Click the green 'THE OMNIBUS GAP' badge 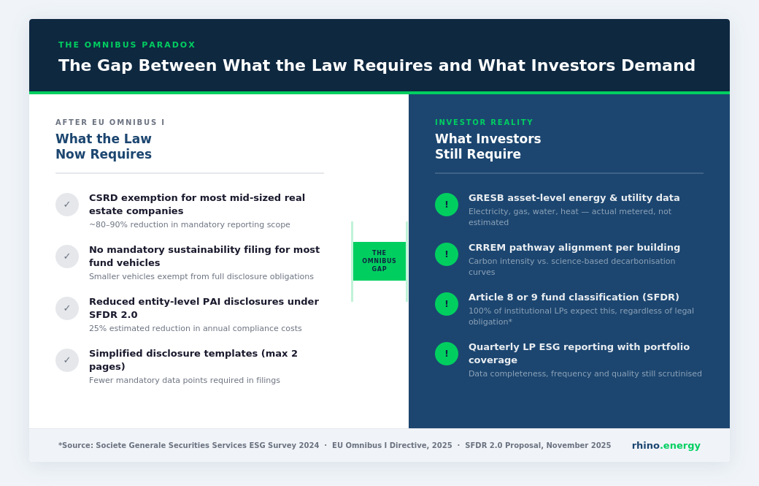[x=379, y=261]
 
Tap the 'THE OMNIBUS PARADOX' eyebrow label [x=127, y=45]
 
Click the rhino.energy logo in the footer [x=666, y=445]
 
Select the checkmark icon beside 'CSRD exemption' [x=67, y=205]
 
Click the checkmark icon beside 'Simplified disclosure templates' [x=67, y=360]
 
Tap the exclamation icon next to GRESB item [x=447, y=205]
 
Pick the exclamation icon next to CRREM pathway [x=447, y=254]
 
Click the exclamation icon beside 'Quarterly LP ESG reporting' [x=447, y=354]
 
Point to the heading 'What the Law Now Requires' [x=104, y=146]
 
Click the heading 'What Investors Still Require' [x=488, y=146]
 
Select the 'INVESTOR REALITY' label [x=484, y=123]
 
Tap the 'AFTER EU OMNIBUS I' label [x=110, y=123]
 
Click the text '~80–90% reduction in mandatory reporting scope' [x=190, y=225]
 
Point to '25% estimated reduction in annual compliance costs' [x=196, y=329]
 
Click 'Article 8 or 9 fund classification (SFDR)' [x=574, y=297]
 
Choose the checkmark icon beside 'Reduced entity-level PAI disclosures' [x=67, y=308]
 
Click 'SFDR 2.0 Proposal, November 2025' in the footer [x=538, y=445]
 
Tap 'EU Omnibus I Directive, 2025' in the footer [x=392, y=445]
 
